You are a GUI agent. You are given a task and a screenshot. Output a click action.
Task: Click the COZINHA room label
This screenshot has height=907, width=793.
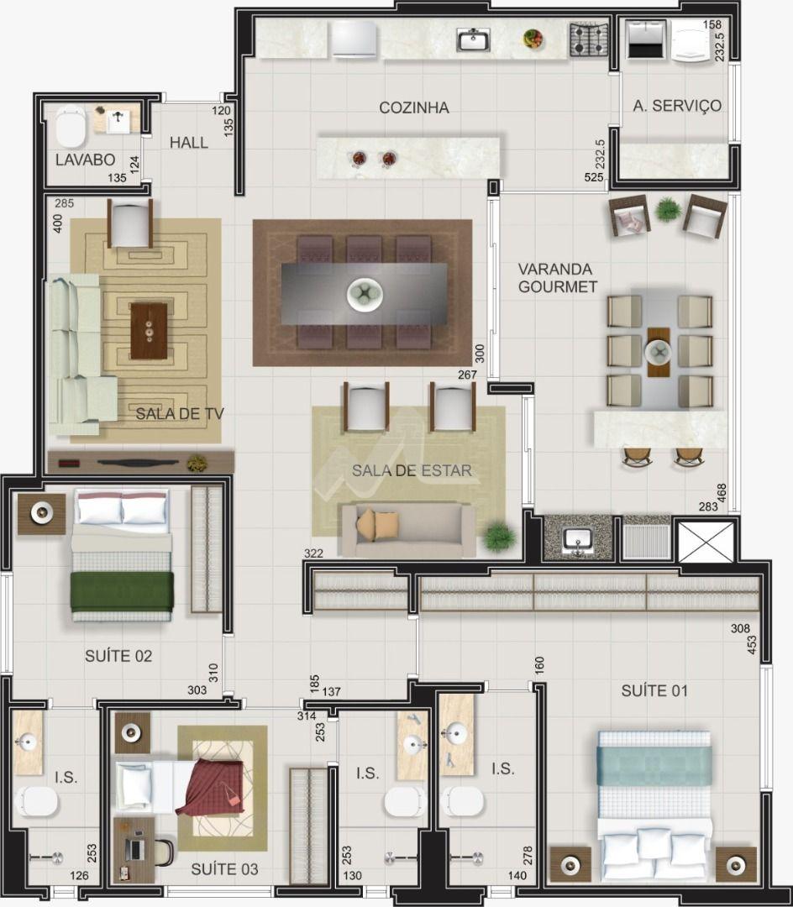[413, 107]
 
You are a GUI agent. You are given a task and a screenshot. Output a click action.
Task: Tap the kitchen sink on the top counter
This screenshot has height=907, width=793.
[474, 40]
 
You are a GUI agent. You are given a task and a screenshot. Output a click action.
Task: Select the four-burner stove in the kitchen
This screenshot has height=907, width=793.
[589, 39]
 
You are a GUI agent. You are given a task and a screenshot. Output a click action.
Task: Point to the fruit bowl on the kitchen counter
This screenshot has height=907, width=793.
[533, 39]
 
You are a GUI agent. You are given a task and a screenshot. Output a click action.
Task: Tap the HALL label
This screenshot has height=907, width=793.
[188, 142]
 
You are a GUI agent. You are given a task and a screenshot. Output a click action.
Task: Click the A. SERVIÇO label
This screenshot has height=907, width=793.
[677, 106]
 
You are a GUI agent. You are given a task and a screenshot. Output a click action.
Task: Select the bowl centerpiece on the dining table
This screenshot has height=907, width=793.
[365, 294]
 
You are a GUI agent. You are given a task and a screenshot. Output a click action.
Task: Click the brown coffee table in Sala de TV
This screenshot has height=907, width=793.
[149, 331]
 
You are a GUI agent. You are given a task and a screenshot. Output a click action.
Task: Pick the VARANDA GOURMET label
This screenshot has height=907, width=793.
[557, 278]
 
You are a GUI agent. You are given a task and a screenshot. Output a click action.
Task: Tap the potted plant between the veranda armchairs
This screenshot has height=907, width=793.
[667, 209]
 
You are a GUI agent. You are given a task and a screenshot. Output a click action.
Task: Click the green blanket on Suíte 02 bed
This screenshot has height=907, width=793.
[122, 592]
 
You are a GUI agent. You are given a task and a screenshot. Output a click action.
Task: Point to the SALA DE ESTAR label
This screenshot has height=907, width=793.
[412, 470]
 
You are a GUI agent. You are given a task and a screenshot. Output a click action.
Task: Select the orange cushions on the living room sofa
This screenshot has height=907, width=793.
[377, 525]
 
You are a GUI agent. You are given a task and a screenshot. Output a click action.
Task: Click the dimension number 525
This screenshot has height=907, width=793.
[594, 177]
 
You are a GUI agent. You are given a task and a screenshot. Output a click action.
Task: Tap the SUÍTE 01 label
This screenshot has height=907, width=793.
[654, 690]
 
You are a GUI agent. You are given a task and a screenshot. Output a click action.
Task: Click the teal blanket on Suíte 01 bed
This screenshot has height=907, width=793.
[654, 765]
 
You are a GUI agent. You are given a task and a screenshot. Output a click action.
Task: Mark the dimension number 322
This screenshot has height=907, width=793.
[313, 553]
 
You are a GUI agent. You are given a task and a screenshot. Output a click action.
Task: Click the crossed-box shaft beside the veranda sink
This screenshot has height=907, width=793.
[705, 542]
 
